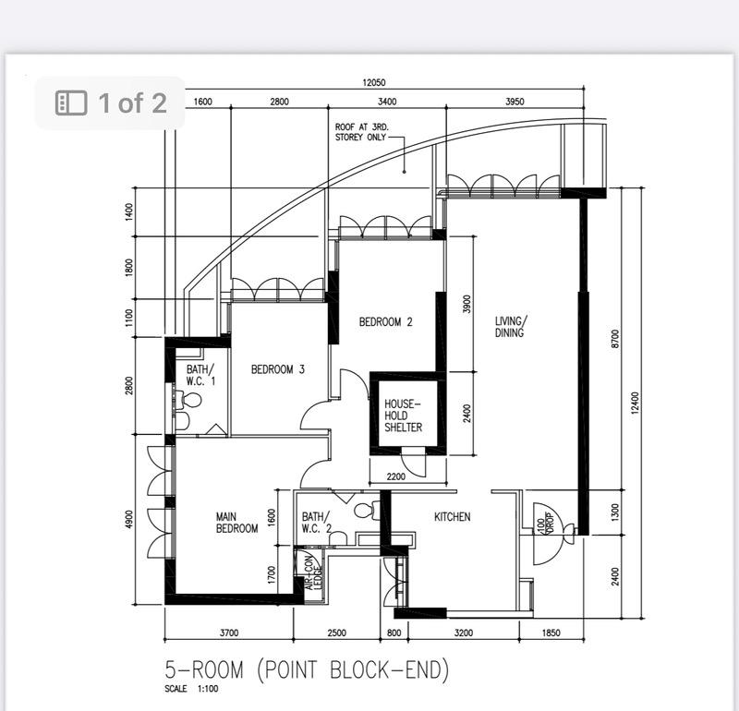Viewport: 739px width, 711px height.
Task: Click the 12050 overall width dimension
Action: coord(374,83)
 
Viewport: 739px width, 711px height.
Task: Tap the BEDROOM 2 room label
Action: coord(385,322)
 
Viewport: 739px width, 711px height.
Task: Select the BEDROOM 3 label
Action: coord(278,369)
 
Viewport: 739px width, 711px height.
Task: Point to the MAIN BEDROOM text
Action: coord(236,523)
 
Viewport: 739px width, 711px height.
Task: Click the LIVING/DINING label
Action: coord(509,327)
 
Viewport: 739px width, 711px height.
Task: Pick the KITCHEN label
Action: coord(453,517)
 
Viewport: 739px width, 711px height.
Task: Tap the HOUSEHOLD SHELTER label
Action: coord(404,416)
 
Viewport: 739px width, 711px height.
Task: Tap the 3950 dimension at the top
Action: coord(515,102)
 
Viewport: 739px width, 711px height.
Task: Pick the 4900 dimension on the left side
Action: coord(129,520)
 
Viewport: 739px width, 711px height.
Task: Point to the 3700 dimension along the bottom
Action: coord(229,633)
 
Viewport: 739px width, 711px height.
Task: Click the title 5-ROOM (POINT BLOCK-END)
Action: coord(307,669)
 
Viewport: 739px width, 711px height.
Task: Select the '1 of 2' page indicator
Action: coord(112,102)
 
